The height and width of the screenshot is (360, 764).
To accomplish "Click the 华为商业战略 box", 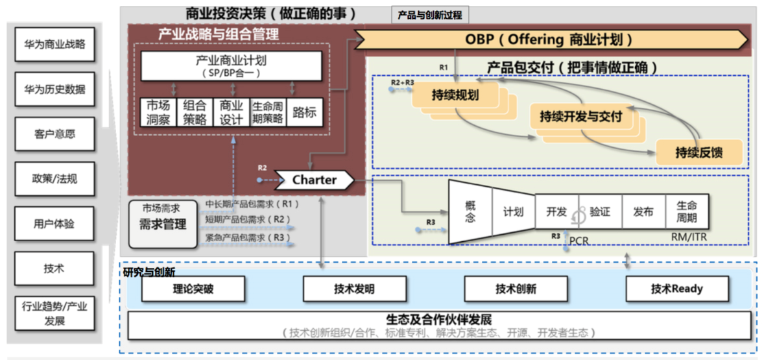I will coord(54,45).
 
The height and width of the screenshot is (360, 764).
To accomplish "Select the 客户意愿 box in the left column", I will coord(54,134).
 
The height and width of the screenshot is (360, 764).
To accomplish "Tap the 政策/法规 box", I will coord(54,178).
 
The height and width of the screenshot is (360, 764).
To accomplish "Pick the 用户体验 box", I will coord(54,224).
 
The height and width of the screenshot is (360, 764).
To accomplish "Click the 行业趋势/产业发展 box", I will coord(54,313).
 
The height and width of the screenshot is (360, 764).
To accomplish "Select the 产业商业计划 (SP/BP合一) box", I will coord(232,66).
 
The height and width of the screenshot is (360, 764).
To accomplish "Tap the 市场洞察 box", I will coord(155,112).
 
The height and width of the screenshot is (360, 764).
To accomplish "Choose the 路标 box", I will coord(304,112).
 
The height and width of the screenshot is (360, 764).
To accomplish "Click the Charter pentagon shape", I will coord(314,180).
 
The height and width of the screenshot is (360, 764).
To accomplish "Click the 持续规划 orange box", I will coord(455,95).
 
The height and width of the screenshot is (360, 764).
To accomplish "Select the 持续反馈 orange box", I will coord(699,153).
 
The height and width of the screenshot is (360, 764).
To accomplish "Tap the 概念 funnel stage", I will coord(470,211).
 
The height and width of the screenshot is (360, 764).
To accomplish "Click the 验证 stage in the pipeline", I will coord(600,211).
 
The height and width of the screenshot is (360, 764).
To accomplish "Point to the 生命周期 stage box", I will coord(686,211).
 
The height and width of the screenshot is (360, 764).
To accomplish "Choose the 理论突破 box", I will coord(193,289).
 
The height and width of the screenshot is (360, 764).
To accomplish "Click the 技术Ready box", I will coord(677,289).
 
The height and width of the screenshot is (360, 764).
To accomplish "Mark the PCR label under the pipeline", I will coord(579,241).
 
